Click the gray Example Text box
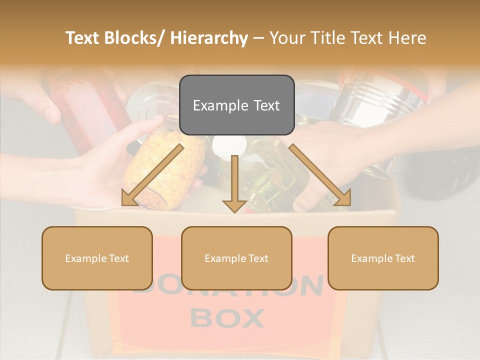click(x=236, y=105)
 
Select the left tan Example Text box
click(x=97, y=258)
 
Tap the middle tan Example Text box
click(x=236, y=258)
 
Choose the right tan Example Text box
click(x=383, y=258)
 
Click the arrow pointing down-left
click(x=150, y=176)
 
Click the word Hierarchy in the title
click(x=209, y=38)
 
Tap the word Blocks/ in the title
click(x=134, y=38)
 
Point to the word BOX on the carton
click(x=227, y=318)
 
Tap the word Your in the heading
click(x=287, y=38)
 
